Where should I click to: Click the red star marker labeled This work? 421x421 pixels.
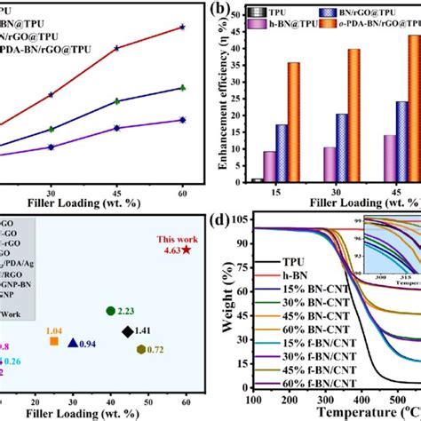186,251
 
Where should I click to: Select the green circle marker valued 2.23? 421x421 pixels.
110,311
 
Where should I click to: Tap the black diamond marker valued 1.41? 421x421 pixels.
128,332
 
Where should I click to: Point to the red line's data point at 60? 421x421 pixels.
182,27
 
